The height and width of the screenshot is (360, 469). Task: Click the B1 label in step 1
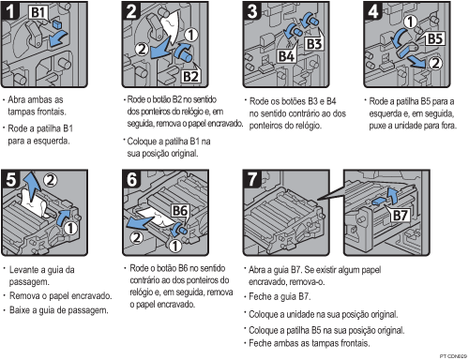38,12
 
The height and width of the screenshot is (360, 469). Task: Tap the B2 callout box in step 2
190,76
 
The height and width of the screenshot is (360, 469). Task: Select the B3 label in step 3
313,44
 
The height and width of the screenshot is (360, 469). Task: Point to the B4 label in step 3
286,56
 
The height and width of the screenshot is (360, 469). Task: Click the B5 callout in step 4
434,39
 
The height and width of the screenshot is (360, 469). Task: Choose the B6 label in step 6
180,211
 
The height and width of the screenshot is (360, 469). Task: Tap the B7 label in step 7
401,216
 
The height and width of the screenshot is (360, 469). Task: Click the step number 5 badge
10,179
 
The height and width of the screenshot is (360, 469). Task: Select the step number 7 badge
252,179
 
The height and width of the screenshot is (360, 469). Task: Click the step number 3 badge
252,11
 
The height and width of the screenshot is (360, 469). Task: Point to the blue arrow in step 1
58,39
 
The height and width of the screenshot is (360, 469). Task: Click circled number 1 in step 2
191,35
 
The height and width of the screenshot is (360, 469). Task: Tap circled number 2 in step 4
435,64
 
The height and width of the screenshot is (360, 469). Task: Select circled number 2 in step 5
50,180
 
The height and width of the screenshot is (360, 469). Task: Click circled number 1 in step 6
175,246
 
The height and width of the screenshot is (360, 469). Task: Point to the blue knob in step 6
180,231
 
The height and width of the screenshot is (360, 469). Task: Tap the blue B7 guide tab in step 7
379,202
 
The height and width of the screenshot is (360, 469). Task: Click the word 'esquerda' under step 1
52,141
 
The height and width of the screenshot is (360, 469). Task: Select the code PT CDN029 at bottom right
453,356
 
